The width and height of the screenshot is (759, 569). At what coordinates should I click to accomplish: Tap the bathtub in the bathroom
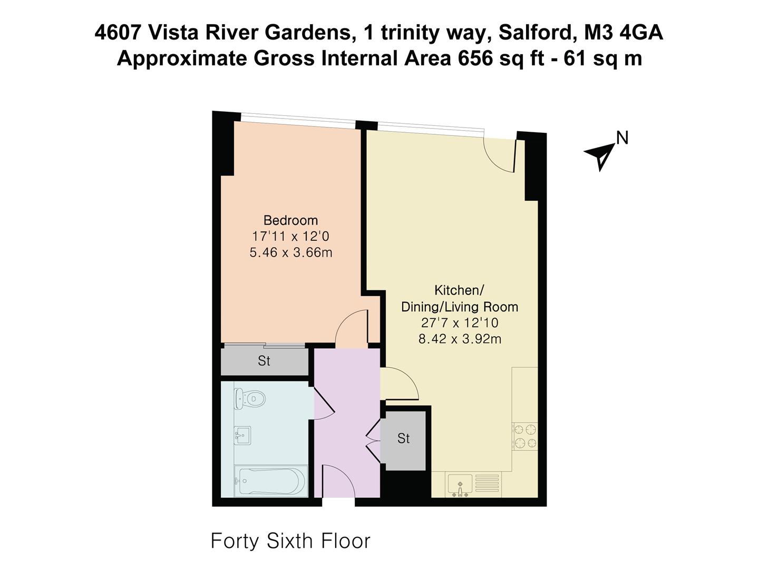pyautogui.click(x=271, y=481)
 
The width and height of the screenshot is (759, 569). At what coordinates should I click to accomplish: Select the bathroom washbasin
pyautogui.click(x=242, y=436)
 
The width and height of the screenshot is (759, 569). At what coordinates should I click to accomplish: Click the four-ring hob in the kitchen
pyautogui.click(x=525, y=436)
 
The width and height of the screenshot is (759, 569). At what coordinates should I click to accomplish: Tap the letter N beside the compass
pyautogui.click(x=622, y=138)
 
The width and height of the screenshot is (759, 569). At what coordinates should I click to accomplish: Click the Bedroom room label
pyautogui.click(x=290, y=220)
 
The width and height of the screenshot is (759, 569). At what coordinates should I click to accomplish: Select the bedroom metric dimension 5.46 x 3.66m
pyautogui.click(x=291, y=252)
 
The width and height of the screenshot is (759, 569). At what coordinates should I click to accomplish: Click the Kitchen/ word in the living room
pyautogui.click(x=459, y=290)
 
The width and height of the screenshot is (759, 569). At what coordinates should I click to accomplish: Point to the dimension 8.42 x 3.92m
pyautogui.click(x=460, y=339)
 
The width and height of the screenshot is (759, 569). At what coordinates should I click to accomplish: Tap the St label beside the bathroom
pyautogui.click(x=264, y=361)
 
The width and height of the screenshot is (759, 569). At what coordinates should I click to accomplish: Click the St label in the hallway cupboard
pyautogui.click(x=404, y=438)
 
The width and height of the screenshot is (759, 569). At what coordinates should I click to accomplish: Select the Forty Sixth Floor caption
pyautogui.click(x=290, y=541)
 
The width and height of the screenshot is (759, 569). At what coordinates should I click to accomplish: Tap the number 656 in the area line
pyautogui.click(x=475, y=59)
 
